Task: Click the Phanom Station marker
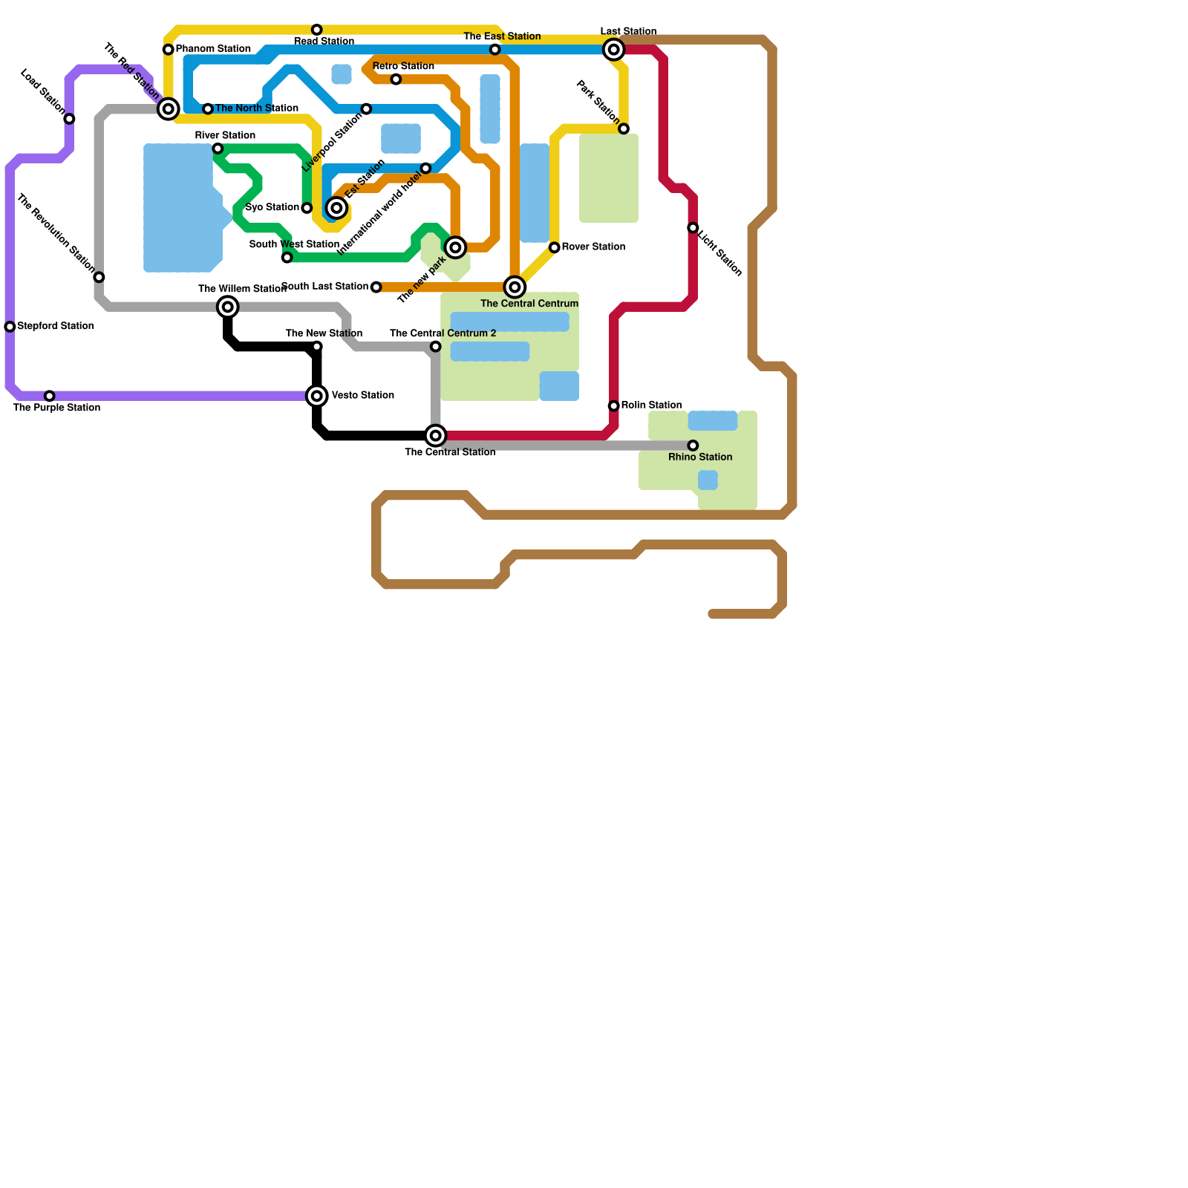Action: (169, 50)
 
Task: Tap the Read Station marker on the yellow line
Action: (317, 30)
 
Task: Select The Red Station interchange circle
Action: (169, 109)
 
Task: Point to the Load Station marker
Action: (69, 119)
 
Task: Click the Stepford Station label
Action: (55, 326)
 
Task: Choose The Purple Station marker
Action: (50, 396)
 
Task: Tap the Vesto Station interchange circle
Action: (317, 396)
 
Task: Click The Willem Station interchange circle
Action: (228, 307)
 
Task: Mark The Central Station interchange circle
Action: (436, 436)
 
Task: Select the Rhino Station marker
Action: (693, 446)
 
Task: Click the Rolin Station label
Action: (651, 405)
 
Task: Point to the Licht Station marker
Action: (693, 228)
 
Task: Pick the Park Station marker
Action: (624, 128)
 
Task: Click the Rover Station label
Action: (593, 247)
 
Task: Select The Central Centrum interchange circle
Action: (515, 287)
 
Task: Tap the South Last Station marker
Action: (376, 287)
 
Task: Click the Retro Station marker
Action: (396, 79)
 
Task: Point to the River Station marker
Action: (218, 148)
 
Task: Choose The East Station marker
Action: (495, 50)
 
